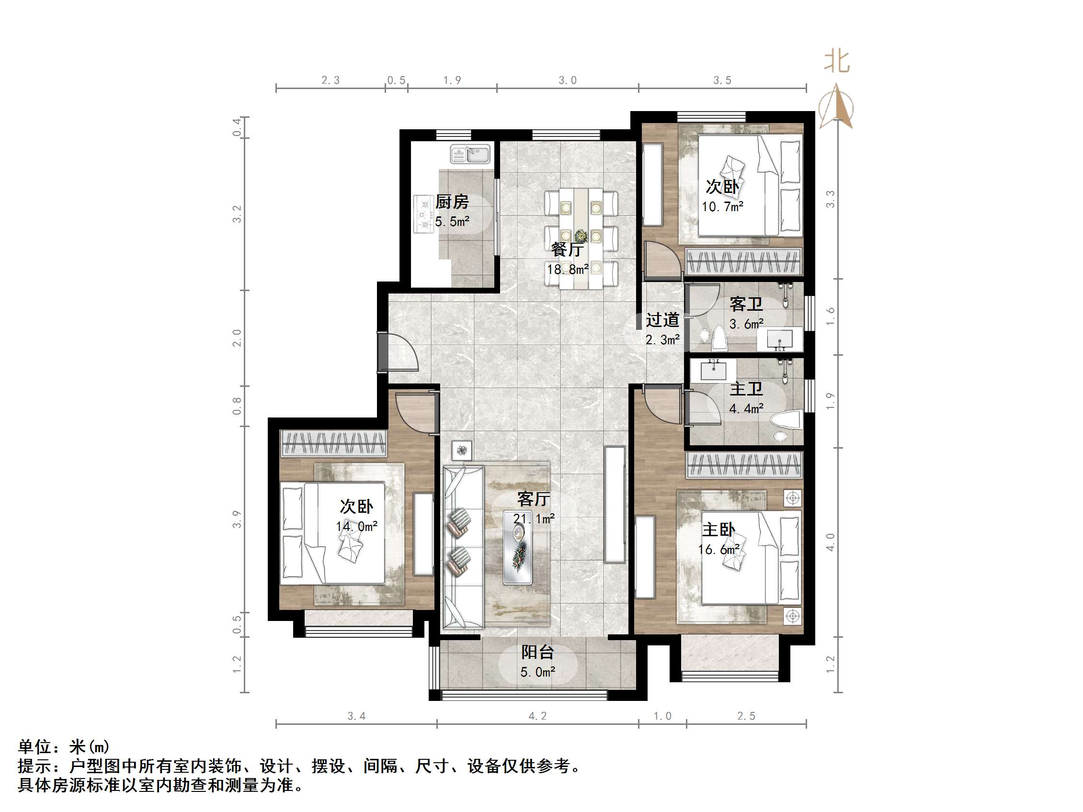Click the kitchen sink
tap(470, 154)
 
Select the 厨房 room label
tap(452, 202)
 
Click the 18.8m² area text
tap(568, 269)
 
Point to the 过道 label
tap(662, 320)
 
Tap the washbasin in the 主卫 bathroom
tap(713, 370)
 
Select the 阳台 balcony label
tap(537, 652)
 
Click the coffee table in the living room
tap(518, 547)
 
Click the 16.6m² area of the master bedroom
tap(719, 550)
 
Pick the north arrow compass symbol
tap(836, 107)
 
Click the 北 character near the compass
tap(837, 62)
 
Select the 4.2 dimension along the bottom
tap(537, 716)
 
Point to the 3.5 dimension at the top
tap(722, 80)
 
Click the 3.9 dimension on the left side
tap(237, 519)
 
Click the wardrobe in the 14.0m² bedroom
tap(334, 444)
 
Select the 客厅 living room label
tap(533, 499)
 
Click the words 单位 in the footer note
tap(35, 747)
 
